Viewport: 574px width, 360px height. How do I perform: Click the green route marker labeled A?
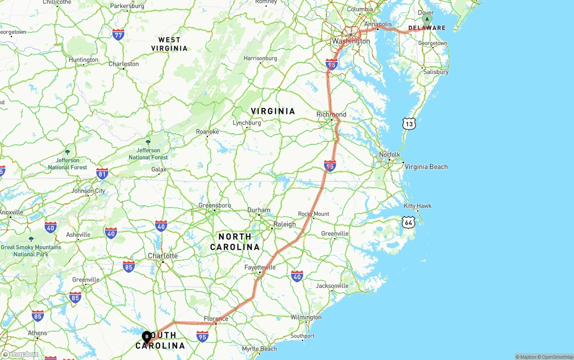(427, 19)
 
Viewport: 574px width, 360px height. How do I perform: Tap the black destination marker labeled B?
(147, 336)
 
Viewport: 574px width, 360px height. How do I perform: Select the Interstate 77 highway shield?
(118, 35)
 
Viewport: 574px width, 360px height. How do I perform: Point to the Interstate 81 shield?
(102, 173)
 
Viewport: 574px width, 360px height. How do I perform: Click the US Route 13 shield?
(409, 124)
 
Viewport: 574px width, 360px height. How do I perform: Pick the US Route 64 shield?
(408, 222)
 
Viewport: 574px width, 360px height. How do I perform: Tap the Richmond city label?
(331, 114)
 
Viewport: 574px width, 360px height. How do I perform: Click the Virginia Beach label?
(426, 167)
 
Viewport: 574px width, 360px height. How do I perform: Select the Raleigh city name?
(284, 224)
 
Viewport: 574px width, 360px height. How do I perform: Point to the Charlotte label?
(163, 256)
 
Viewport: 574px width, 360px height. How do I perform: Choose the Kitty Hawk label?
(417, 206)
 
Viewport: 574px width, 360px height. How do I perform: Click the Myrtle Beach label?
(259, 349)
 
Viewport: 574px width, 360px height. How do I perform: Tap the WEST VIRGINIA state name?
(169, 44)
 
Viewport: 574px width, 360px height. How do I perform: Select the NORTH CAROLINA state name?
(235, 242)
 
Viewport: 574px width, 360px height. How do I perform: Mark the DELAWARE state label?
(427, 28)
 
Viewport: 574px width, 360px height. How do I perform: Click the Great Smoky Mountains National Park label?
(31, 250)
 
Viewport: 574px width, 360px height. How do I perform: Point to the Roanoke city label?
(208, 132)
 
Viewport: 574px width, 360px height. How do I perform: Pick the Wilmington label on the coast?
(306, 317)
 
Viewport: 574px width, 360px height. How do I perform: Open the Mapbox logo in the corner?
(20, 355)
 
